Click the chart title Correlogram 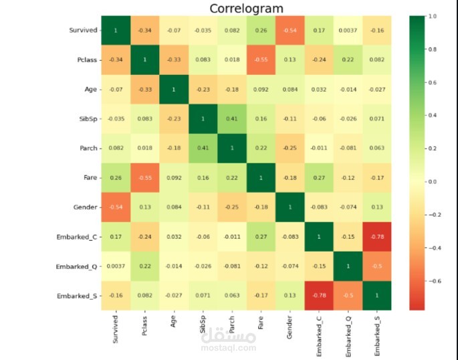246,9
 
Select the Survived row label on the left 83,30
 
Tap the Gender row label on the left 85,207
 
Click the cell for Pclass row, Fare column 261,60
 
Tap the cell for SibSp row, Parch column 231,118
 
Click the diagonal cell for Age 173,89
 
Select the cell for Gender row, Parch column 231,207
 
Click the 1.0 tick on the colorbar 432,16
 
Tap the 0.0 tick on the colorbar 432,181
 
